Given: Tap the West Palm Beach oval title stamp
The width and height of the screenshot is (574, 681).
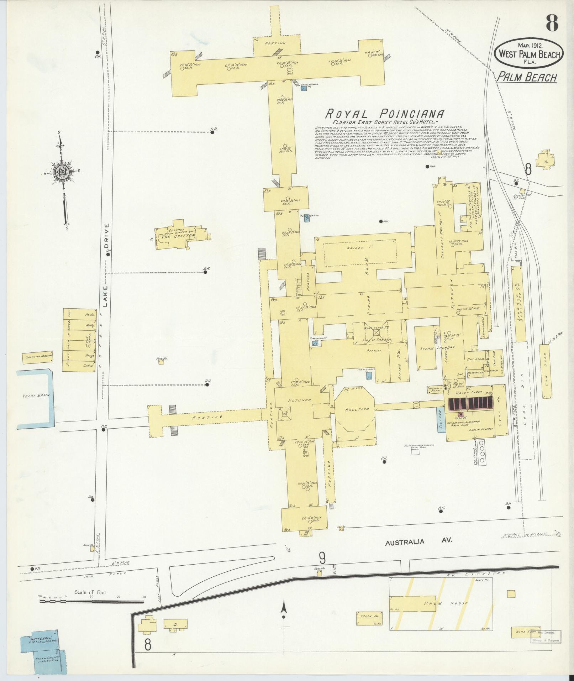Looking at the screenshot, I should click(x=529, y=54).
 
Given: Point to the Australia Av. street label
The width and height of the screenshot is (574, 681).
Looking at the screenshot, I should click(x=419, y=551).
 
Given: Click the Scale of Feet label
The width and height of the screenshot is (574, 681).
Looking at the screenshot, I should click(x=91, y=593).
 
